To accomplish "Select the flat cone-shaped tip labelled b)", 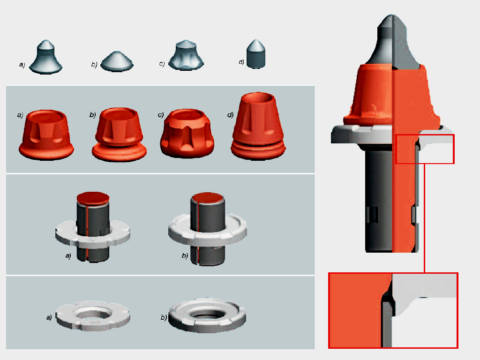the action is click(x=117, y=61).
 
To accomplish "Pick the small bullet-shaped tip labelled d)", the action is click(x=255, y=54).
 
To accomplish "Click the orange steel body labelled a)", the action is click(x=46, y=135).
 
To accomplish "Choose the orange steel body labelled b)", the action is click(x=119, y=135).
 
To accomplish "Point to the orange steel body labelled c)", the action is click(x=187, y=134).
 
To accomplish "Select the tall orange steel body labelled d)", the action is click(x=258, y=126).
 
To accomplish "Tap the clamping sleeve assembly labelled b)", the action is click(x=208, y=229).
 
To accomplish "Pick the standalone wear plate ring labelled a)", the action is click(x=93, y=316).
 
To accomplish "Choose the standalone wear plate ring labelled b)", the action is click(x=207, y=315).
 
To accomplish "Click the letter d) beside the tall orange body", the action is click(x=230, y=115).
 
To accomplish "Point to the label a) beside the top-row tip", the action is click(x=22, y=64).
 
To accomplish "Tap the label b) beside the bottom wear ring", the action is click(x=164, y=317).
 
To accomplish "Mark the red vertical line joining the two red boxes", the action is click(x=425, y=218).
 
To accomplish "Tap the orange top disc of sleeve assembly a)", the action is click(x=93, y=198).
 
